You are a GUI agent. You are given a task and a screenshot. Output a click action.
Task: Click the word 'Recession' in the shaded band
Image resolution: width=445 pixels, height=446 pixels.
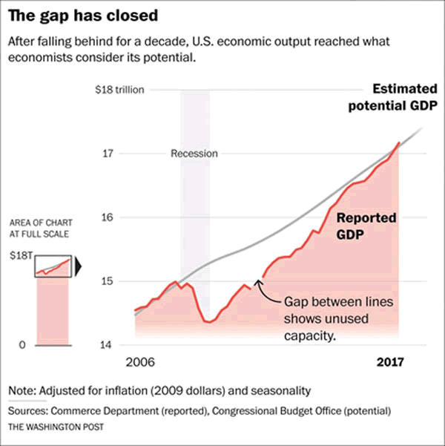tap(194, 154)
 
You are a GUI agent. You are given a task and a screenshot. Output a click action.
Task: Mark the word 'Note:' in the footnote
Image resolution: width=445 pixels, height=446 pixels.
tap(23, 390)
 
